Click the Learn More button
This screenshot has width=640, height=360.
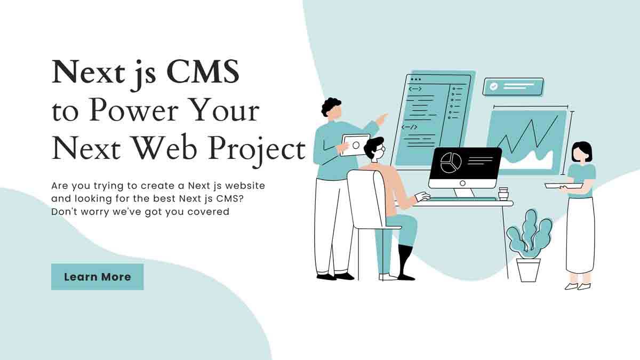point(98,277)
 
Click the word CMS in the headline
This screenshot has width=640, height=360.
point(203,71)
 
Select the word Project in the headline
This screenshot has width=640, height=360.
point(257,150)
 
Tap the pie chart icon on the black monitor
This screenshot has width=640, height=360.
point(451,163)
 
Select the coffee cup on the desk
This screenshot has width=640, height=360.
point(503,194)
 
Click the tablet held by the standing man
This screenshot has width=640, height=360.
point(356,145)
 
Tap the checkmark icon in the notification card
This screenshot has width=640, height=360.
point(493,86)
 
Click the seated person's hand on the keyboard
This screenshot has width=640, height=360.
point(422,197)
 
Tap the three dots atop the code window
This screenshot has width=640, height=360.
point(415,79)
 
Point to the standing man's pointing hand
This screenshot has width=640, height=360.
point(382,119)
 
